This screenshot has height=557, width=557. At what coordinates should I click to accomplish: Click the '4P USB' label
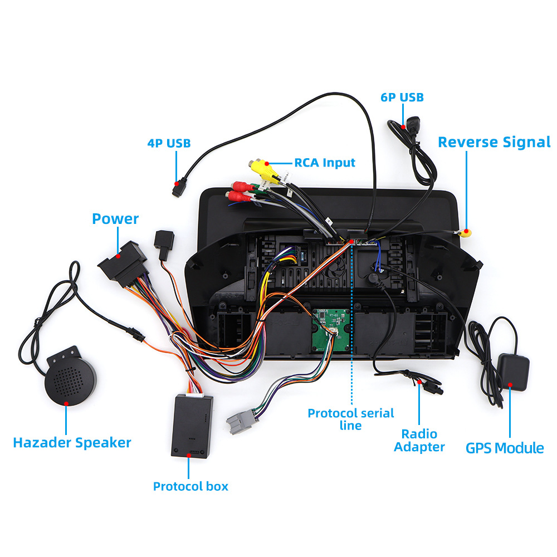point(169,143)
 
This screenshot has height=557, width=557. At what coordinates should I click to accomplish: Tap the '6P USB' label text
point(402,97)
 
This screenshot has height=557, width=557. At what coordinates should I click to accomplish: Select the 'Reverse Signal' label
point(494,142)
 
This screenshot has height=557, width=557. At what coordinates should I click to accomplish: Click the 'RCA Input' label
point(325,163)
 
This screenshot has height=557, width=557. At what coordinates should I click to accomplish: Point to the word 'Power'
point(115,219)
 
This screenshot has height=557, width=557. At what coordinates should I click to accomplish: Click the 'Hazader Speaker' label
point(72,443)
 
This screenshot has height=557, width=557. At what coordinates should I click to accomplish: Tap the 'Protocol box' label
point(190,486)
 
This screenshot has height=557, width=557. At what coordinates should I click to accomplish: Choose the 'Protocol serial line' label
point(351,419)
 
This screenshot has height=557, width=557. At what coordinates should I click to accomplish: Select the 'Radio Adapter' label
point(419,440)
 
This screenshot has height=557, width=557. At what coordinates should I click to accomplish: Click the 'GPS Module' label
point(505,447)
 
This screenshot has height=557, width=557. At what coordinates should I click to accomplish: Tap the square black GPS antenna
point(512,370)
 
